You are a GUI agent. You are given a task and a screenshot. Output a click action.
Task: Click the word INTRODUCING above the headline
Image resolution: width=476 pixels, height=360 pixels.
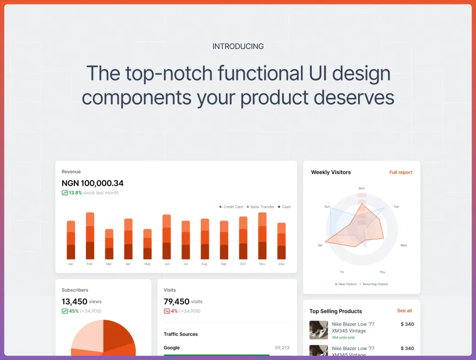pyautogui.click(x=238, y=47)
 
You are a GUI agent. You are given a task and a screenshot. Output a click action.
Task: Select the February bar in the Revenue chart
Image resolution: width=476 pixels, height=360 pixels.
pyautogui.click(x=90, y=236)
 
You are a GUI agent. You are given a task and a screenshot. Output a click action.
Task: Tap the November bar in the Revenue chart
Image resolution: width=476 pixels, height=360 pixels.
pyautogui.click(x=262, y=236)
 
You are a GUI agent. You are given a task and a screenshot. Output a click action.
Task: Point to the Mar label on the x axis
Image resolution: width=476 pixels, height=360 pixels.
pyautogui.click(x=109, y=264)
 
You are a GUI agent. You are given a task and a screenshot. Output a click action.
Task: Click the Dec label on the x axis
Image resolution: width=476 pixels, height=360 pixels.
pyautogui.click(x=282, y=264)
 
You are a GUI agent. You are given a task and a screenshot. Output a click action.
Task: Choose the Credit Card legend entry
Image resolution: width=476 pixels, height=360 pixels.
pyautogui.click(x=231, y=207)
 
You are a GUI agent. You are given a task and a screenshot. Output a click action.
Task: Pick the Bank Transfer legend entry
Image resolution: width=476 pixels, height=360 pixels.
pyautogui.click(x=261, y=207)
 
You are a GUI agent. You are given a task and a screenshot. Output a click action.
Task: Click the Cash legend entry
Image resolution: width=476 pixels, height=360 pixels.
pyautogui.click(x=284, y=207)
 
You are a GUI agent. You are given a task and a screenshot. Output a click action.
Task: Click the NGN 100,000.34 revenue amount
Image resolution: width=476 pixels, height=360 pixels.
pyautogui.click(x=92, y=183)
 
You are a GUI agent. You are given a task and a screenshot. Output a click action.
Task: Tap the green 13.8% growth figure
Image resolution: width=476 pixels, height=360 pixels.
pyautogui.click(x=75, y=193)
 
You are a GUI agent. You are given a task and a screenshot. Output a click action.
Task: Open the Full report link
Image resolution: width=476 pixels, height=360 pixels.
pyautogui.click(x=401, y=172)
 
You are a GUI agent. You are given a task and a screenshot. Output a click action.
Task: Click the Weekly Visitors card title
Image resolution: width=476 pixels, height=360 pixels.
pyautogui.click(x=331, y=172)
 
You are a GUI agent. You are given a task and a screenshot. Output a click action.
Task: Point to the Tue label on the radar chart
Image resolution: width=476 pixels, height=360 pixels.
pyautogui.click(x=396, y=207)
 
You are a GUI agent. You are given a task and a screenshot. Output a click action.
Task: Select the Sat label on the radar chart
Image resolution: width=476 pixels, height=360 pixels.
pyautogui.click(x=320, y=245)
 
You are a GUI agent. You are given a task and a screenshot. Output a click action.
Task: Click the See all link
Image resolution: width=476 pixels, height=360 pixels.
pyautogui.click(x=404, y=311)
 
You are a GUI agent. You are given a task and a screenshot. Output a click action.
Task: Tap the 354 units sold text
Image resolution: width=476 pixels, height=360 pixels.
pyautogui.click(x=343, y=337)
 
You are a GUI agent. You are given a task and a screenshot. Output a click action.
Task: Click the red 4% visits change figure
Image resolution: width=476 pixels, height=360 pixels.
pyautogui.click(x=174, y=311)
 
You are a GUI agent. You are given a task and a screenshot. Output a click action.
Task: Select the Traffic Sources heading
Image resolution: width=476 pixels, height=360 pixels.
pyautogui.click(x=181, y=334)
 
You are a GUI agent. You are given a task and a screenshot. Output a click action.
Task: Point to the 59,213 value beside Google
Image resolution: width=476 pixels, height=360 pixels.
pyautogui.click(x=282, y=348)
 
